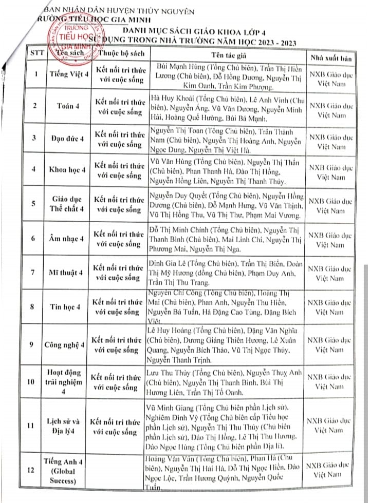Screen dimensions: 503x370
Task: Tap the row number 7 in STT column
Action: point(33,273)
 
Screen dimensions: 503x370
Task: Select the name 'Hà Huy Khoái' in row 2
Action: point(171,97)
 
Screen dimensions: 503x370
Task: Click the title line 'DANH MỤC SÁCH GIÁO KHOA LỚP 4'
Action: point(210,30)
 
